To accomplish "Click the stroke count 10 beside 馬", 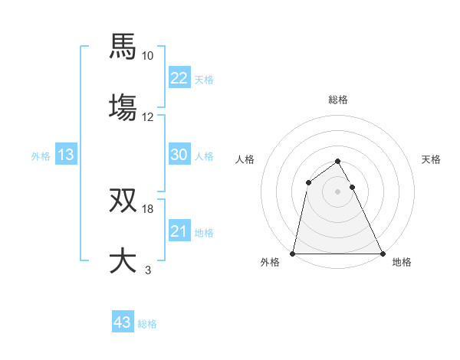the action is tap(148, 56).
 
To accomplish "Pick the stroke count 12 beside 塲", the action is tap(148, 117).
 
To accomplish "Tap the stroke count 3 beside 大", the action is tap(148, 270).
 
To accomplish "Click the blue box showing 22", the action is tap(179, 77).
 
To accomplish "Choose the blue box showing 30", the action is tap(179, 155).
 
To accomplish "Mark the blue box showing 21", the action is tap(179, 231).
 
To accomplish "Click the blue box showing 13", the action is tap(66, 155).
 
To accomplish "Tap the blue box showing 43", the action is tap(123, 322).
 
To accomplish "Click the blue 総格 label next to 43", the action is tap(147, 324).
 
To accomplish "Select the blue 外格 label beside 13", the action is tap(41, 156).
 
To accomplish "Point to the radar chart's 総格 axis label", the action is tap(338, 100).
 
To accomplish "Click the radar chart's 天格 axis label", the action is tap(432, 159).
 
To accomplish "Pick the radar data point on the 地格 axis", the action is tap(382, 253).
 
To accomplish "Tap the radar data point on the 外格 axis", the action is tap(293, 253).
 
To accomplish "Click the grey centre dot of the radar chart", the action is tap(337, 191).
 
